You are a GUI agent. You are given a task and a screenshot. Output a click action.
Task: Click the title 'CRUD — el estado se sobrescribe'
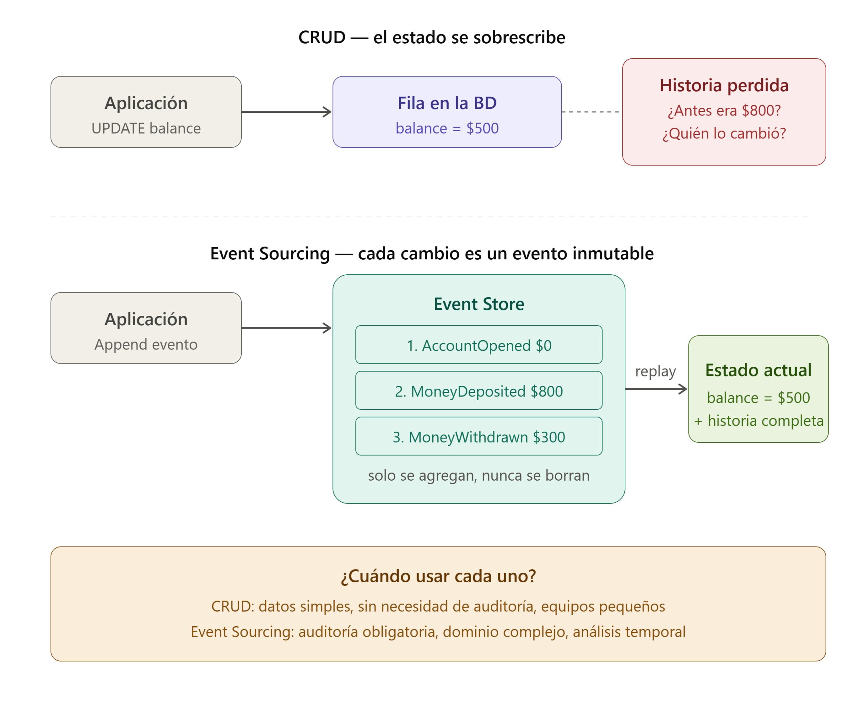pos(432,37)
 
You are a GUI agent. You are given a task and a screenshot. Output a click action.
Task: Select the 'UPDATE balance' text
pos(146,128)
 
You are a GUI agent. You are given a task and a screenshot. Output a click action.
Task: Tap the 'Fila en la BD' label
pos(447,103)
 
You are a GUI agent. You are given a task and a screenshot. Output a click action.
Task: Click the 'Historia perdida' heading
pos(724,85)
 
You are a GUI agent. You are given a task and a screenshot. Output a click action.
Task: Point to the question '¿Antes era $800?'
pos(724,110)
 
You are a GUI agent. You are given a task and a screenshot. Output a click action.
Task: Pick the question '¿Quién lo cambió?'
pos(724,133)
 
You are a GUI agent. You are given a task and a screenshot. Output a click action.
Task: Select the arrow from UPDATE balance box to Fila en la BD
pos(287,111)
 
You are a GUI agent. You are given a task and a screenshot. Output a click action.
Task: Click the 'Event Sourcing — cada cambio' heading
pos(432,253)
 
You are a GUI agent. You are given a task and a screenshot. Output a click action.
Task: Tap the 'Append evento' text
pos(146,345)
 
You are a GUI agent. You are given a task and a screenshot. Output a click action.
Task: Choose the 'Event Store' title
pos(479,304)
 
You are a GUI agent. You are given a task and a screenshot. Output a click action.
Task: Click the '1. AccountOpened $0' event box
pos(479,345)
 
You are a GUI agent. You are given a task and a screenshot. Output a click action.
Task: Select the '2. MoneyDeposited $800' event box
pos(479,390)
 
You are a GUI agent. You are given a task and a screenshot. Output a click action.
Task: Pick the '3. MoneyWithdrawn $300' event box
pos(479,436)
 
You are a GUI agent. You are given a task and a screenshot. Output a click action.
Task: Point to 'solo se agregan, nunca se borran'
pos(479,475)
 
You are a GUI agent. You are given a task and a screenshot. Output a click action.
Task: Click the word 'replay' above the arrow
pos(655,372)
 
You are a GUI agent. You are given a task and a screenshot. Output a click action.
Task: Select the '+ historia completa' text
pos(758,421)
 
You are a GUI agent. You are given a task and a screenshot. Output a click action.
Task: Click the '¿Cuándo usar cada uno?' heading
pos(438,576)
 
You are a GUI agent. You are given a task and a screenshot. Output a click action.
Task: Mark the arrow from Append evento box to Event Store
pos(287,328)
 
